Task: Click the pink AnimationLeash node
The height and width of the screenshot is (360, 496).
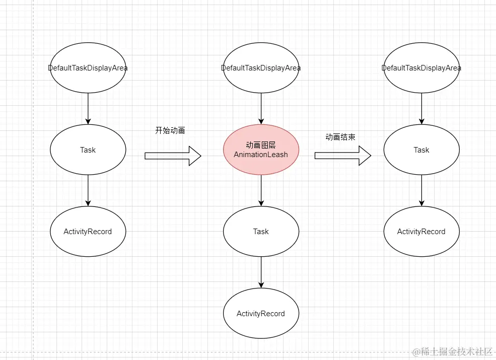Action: point(261,150)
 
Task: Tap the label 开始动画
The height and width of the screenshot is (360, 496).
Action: point(170,130)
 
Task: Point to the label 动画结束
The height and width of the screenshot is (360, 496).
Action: point(340,137)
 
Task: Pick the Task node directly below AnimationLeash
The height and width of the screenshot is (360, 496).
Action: point(261,232)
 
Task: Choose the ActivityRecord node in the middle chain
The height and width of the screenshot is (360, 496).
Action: point(261,313)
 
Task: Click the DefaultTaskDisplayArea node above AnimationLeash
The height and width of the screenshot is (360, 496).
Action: point(261,68)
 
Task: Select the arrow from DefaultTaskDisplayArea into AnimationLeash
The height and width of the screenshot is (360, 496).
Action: point(261,108)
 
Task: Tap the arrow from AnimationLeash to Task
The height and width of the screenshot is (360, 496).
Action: point(261,190)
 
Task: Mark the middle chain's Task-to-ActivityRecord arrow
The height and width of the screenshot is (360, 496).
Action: point(261,272)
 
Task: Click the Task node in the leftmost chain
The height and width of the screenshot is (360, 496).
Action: point(88,150)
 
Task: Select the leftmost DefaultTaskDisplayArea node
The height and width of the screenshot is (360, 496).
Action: point(88,68)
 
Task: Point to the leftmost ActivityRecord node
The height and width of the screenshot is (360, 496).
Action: point(88,232)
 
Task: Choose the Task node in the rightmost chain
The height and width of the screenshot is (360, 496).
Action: point(421,150)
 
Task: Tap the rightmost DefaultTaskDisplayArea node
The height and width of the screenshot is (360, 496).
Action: point(421,68)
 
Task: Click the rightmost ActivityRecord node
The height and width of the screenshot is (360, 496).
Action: point(421,232)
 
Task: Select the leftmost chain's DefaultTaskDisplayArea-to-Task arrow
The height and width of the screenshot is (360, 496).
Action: point(88,108)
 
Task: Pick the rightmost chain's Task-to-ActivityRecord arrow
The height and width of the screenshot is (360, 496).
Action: point(421,190)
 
